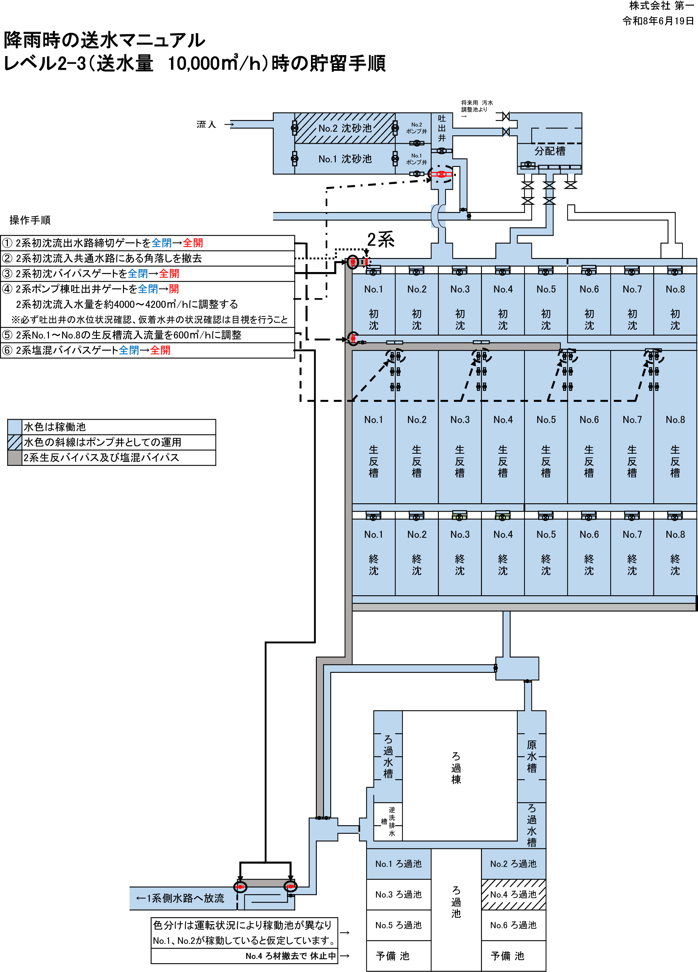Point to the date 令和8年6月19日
click(658, 21)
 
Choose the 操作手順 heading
click(30, 220)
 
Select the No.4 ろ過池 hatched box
click(513, 894)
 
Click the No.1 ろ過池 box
click(398, 864)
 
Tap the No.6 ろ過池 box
click(513, 925)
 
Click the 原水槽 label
click(532, 756)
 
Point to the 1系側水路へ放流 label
click(180, 898)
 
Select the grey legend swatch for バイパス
click(15, 458)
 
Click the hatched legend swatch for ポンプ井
click(15, 442)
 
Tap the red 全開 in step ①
click(193, 243)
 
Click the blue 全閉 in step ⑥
click(129, 350)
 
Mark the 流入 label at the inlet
click(206, 124)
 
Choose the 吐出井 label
click(442, 128)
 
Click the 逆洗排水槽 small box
click(388, 822)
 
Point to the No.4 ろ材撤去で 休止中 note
click(291, 956)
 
